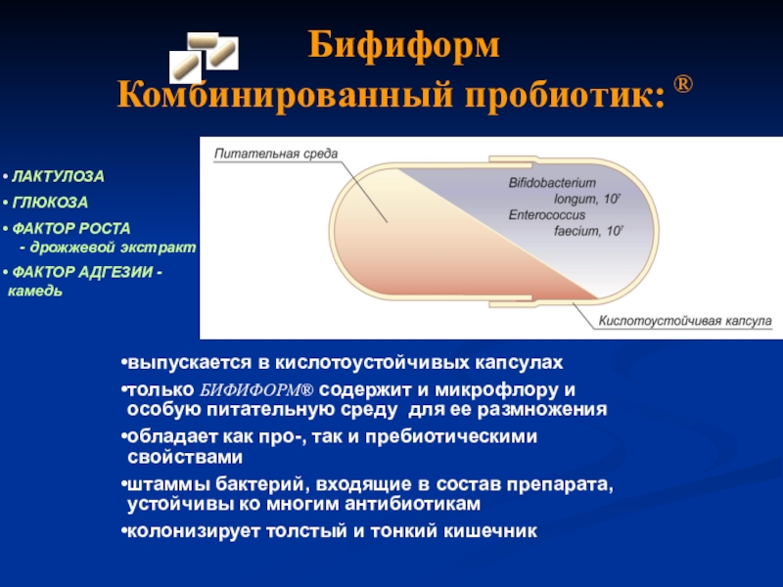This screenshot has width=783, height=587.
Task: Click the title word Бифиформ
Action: [x=403, y=46]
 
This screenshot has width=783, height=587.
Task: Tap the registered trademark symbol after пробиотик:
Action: [x=683, y=84]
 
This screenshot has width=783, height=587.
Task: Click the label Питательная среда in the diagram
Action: [x=276, y=154]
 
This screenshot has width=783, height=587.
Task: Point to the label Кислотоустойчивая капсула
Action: [x=685, y=321]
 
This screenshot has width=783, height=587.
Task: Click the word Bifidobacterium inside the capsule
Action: [x=552, y=183]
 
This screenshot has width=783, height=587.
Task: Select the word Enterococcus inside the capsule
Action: [x=547, y=214]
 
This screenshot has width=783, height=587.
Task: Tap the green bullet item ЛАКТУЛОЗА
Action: [x=58, y=176]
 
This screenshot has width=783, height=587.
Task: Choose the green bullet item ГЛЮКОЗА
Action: [x=50, y=203]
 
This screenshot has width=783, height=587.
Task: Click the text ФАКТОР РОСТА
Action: [x=70, y=228]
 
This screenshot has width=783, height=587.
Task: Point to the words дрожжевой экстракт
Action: [x=113, y=248]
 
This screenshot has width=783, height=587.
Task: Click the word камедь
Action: [x=35, y=291]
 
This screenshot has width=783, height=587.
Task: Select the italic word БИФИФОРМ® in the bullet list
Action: [x=256, y=389]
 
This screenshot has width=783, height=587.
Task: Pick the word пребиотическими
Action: [x=451, y=436]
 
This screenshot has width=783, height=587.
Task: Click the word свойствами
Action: [x=185, y=457]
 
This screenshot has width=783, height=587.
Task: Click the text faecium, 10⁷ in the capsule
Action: [x=588, y=231]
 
